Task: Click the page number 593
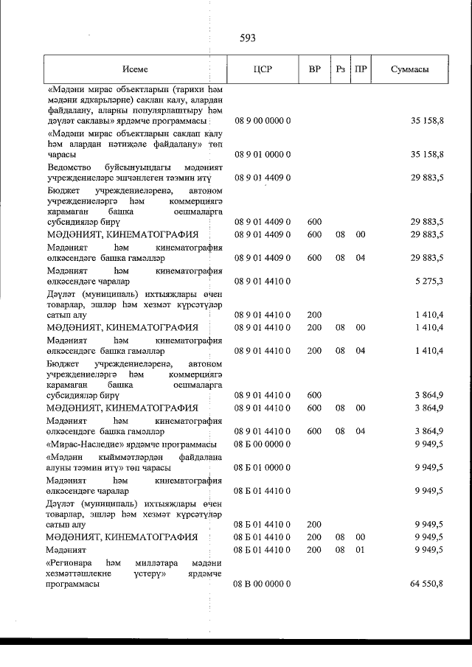248,39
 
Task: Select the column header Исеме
136,69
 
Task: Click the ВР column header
314,69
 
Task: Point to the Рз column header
340,69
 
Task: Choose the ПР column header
361,69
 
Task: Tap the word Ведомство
71,167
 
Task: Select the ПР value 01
361,549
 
